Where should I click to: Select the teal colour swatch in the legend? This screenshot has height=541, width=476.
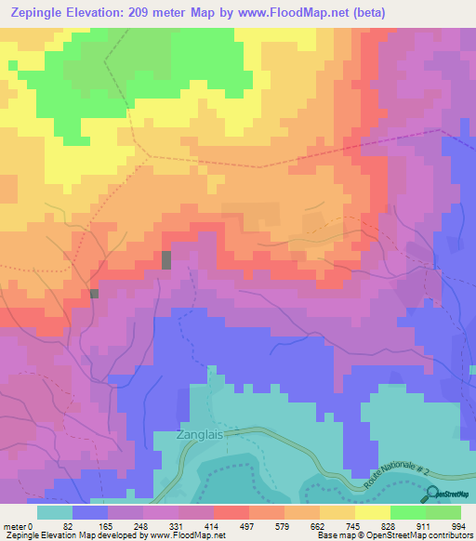point(55,512)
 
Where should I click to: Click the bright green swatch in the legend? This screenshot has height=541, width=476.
point(407,512)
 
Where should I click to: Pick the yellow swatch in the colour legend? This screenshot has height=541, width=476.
point(372,512)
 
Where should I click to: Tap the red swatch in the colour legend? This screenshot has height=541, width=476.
point(231,512)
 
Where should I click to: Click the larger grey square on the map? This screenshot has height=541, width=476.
point(166,260)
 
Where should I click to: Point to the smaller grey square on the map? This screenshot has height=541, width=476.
point(95,294)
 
